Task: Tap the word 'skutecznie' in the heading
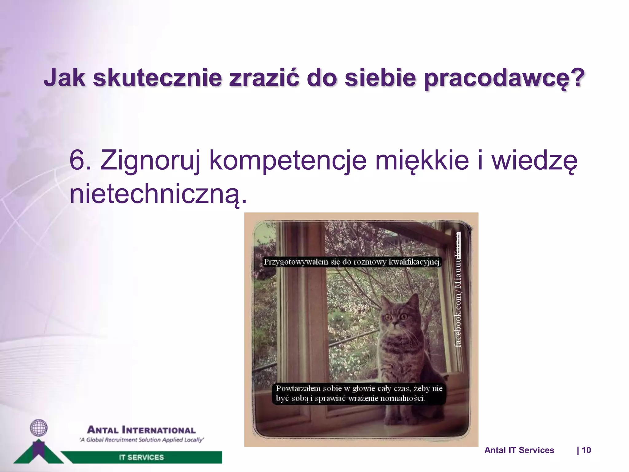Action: (157, 78)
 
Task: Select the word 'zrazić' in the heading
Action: (264, 78)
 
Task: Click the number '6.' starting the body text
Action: (80, 160)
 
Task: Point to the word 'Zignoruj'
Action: (150, 160)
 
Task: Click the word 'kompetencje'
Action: (287, 160)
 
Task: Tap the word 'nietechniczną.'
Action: (158, 194)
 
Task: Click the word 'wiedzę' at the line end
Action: (534, 160)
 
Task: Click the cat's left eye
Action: (388, 317)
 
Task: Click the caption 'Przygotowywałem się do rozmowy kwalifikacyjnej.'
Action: (352, 262)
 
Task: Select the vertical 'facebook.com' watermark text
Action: (458, 320)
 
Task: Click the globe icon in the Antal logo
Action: (39, 428)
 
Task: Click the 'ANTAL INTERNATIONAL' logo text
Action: (141, 430)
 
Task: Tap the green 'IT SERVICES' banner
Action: (141, 457)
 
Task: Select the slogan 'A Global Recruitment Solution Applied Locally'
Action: (141, 440)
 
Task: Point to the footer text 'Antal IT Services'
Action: (519, 450)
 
